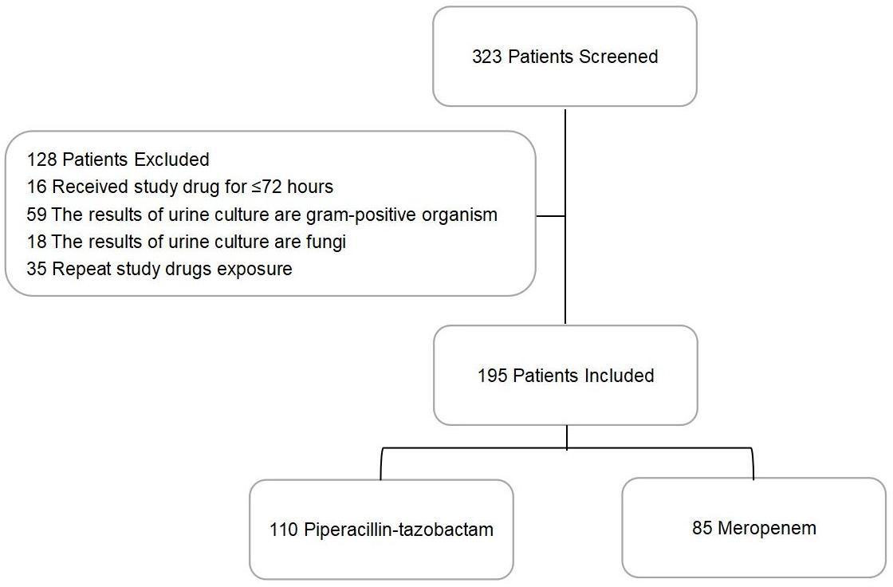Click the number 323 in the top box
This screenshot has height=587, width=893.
(487, 57)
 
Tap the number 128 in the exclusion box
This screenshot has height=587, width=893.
(41, 159)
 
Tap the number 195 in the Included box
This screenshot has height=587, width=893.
(493, 376)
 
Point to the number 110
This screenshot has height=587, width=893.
(285, 530)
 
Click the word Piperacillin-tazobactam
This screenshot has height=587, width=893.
(399, 530)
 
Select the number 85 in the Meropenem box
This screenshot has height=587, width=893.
(702, 528)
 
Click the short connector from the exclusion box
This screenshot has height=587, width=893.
(550, 215)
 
